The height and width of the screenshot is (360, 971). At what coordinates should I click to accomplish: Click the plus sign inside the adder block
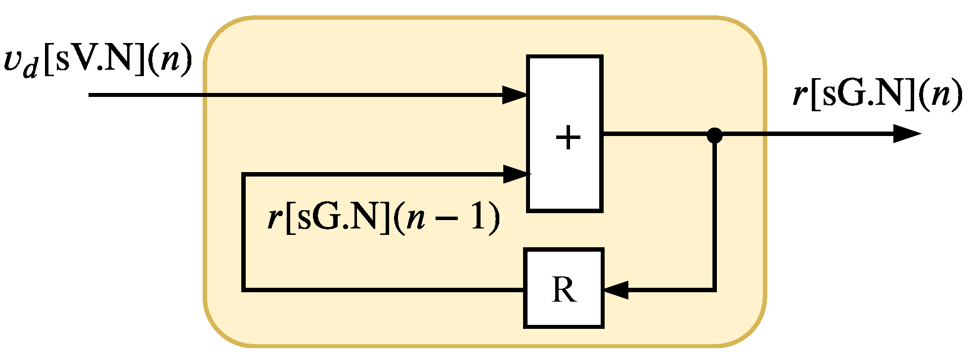coord(568,137)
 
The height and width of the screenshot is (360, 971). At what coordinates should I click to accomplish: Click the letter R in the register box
coord(564,289)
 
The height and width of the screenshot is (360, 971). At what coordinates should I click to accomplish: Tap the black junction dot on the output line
coord(714,135)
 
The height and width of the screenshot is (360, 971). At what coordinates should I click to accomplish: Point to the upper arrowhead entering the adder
coord(514,94)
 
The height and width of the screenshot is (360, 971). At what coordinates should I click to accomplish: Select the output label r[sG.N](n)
coord(878,93)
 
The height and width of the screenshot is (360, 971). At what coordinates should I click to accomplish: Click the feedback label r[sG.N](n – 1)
coord(383,217)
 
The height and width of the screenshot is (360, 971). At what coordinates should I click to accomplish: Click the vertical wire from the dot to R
coord(714,213)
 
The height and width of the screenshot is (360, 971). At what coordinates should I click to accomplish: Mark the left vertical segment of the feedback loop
coord(244,232)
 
